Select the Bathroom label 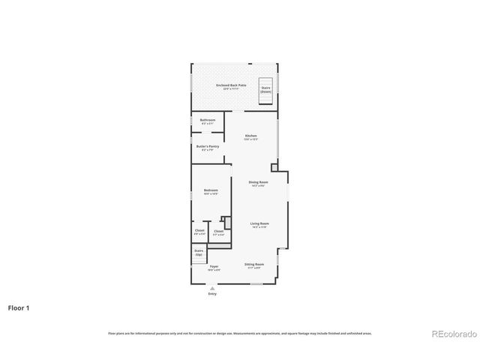pyautogui.click(x=207, y=120)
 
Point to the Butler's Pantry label pyautogui.click(x=207, y=146)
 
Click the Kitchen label pyautogui.click(x=250, y=136)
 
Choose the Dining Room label pyautogui.click(x=258, y=181)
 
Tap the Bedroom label pyautogui.click(x=211, y=190)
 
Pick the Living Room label pyautogui.click(x=259, y=223)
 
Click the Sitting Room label pyautogui.click(x=254, y=264)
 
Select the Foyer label pyautogui.click(x=214, y=266)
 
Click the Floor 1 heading pyautogui.click(x=19, y=307)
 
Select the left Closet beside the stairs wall pyautogui.click(x=199, y=232)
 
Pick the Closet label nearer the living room pyautogui.click(x=218, y=231)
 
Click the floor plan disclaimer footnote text pyautogui.click(x=239, y=333)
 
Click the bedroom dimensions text pyautogui.click(x=211, y=194)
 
